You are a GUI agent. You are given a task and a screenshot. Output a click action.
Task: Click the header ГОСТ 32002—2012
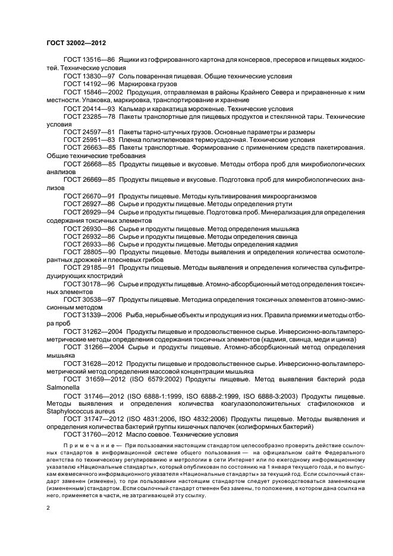[76, 42]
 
